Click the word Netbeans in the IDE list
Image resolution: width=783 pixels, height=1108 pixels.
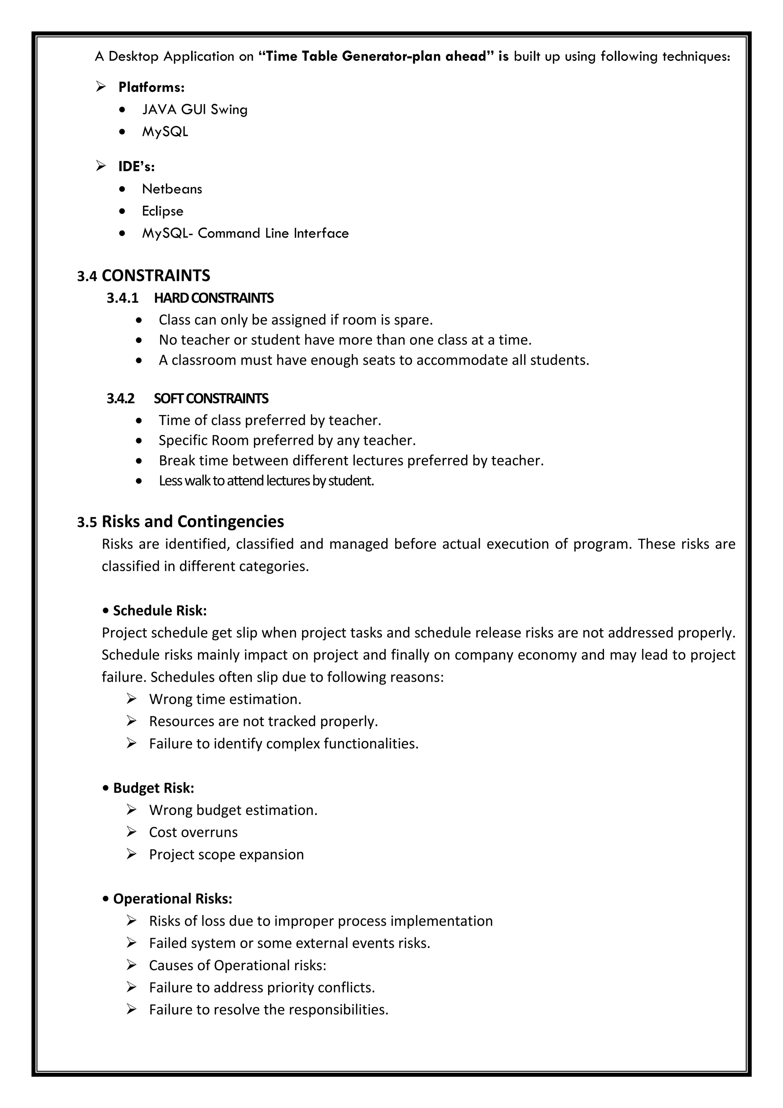click(172, 189)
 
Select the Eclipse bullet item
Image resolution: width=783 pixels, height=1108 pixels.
click(162, 211)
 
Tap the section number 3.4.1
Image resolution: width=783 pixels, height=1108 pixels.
click(122, 298)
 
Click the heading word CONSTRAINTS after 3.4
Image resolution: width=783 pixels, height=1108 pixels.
click(156, 275)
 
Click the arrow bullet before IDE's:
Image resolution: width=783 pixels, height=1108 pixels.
click(101, 166)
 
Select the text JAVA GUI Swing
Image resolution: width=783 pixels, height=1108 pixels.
click(195, 109)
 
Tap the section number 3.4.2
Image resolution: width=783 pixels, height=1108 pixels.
click(120, 398)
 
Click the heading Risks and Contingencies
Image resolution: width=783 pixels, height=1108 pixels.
click(192, 521)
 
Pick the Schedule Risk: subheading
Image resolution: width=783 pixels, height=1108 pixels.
click(159, 611)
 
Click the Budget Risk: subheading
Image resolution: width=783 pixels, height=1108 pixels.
click(153, 788)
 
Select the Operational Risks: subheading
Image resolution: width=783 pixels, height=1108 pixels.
click(172, 899)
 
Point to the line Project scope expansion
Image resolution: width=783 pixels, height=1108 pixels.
click(226, 854)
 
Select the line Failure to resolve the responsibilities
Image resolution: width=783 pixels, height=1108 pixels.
click(268, 1010)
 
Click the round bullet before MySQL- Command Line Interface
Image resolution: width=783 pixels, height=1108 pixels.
click(123, 233)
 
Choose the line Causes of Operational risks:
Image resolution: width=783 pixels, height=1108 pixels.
click(237, 965)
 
